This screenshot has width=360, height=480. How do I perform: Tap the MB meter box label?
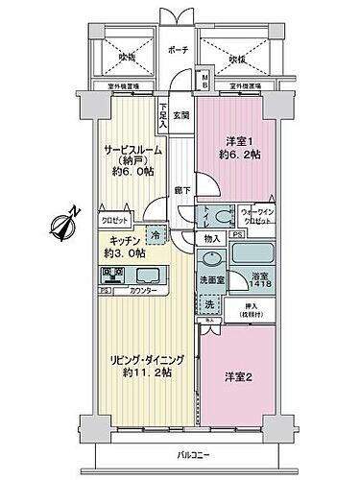[204, 80]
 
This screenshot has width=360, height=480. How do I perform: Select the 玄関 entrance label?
[182, 116]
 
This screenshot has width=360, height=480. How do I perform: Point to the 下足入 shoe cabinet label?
[164, 116]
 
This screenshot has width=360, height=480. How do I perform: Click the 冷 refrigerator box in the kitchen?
[155, 233]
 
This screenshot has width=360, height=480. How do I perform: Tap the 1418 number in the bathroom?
[257, 285]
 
